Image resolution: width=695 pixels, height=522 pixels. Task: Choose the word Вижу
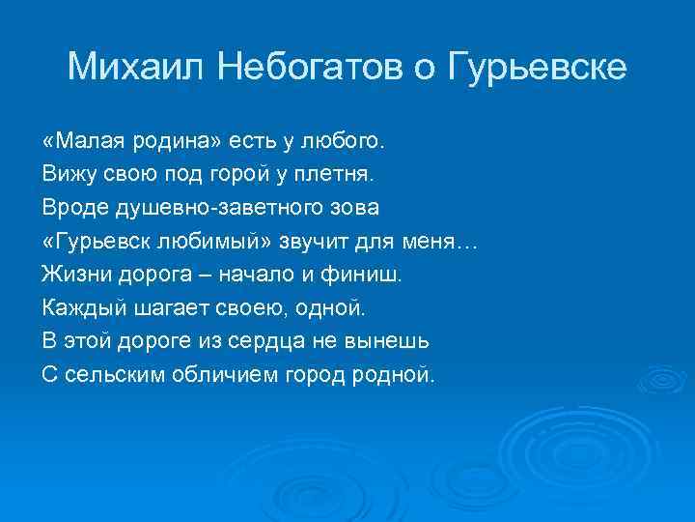[65, 175]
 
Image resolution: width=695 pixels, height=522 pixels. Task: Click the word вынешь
[395, 340]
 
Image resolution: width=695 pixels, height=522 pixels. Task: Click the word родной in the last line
[395, 373]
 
